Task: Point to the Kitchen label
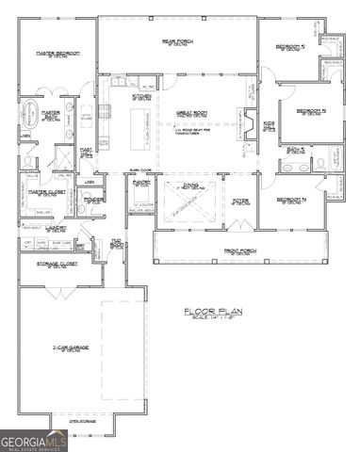click(141, 96)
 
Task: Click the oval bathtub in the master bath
click(25, 118)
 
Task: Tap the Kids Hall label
click(270, 125)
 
